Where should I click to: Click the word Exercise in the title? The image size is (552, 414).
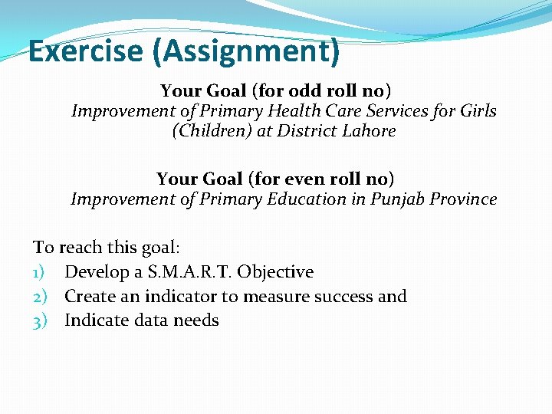(86, 51)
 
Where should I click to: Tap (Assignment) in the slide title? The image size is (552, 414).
(245, 51)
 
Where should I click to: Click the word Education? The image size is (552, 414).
(306, 199)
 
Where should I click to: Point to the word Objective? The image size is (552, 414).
(275, 272)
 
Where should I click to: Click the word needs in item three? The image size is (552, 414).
(197, 320)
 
